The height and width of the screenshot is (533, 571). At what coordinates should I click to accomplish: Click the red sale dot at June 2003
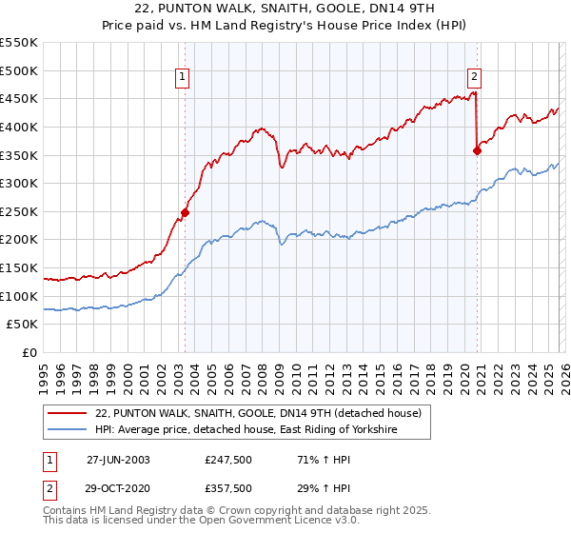tap(185, 212)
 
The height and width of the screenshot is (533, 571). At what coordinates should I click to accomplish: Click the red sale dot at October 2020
tap(478, 149)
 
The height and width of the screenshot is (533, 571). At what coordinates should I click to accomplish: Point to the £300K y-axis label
tap(19, 183)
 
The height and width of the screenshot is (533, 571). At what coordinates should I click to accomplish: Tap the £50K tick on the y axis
tap(23, 325)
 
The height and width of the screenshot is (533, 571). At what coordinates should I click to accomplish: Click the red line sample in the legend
tap(68, 413)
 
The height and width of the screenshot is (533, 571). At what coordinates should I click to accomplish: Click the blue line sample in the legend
tap(68, 430)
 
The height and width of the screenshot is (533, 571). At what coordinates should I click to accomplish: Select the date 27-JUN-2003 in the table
tap(118, 459)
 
